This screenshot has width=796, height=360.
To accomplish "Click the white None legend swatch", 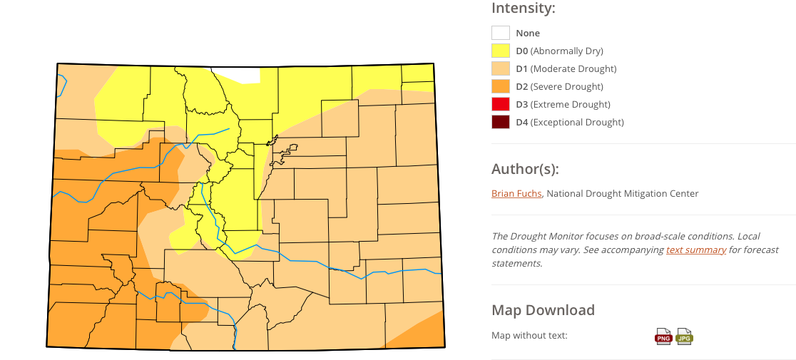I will [x=501, y=33].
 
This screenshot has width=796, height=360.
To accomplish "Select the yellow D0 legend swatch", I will [x=501, y=51].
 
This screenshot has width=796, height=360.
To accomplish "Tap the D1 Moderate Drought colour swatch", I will [x=501, y=68].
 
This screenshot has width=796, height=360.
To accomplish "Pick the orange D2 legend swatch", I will [x=501, y=86].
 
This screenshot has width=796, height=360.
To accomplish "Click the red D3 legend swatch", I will [x=501, y=104].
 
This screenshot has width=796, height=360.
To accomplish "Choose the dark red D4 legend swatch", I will [x=501, y=122].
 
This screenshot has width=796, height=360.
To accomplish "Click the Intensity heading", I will [x=523, y=9].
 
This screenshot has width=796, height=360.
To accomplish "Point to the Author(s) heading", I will [x=525, y=169].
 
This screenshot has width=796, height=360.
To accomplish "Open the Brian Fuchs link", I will [x=516, y=193].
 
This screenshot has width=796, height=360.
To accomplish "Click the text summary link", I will [x=696, y=250].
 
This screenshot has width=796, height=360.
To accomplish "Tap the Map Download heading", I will [x=543, y=310].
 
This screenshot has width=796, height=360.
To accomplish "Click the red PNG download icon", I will [x=663, y=336].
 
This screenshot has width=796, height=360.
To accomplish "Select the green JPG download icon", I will [x=685, y=336].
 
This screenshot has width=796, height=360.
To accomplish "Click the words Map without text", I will [x=529, y=335].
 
